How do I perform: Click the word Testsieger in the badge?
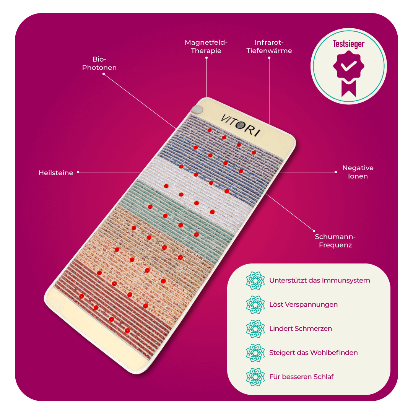click(x=348, y=44)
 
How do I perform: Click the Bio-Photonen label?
click(x=99, y=63)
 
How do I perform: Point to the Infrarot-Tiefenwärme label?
click(x=269, y=46)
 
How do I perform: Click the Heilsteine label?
click(x=56, y=173)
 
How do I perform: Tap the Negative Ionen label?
click(x=358, y=172)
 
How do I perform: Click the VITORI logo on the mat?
click(x=240, y=125)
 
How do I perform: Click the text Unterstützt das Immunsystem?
click(x=319, y=280)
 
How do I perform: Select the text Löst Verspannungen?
click(x=303, y=305)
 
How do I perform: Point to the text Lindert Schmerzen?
click(x=301, y=328)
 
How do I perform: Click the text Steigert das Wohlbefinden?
click(x=313, y=353)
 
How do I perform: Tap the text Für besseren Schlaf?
click(x=301, y=377)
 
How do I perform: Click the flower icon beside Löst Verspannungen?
click(x=255, y=305)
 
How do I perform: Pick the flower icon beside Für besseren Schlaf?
click(x=255, y=377)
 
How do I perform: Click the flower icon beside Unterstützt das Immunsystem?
click(x=255, y=280)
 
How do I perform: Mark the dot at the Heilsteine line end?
click(x=78, y=172)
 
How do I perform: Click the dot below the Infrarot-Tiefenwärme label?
click(x=269, y=58)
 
